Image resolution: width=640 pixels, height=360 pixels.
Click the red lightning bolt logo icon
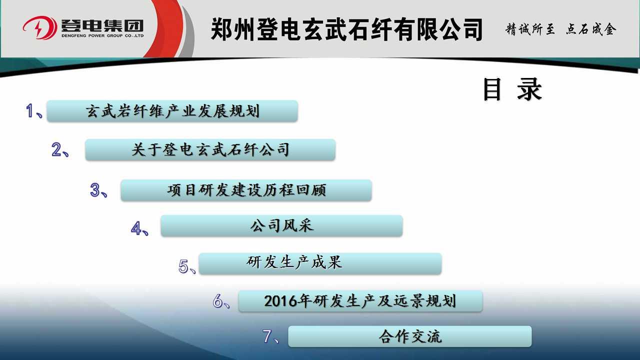tap(40, 27)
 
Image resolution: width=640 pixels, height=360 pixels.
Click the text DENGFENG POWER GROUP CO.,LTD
tap(102, 36)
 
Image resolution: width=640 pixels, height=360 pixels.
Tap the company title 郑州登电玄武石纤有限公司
tap(346, 29)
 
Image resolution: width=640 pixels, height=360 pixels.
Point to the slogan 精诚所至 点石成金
tap(561, 29)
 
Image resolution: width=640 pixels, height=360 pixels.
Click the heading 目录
tap(512, 89)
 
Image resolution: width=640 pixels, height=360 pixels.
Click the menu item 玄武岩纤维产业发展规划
tap(172, 111)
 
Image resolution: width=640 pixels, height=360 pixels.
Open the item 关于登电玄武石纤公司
tap(210, 149)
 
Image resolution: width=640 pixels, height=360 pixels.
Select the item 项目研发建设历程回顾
tap(246, 190)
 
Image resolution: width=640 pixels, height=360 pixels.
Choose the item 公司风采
tap(281, 225)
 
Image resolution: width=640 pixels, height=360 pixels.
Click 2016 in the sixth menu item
tap(280, 301)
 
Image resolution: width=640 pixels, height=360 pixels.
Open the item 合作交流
tap(410, 336)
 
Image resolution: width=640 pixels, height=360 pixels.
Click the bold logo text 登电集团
tap(102, 25)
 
